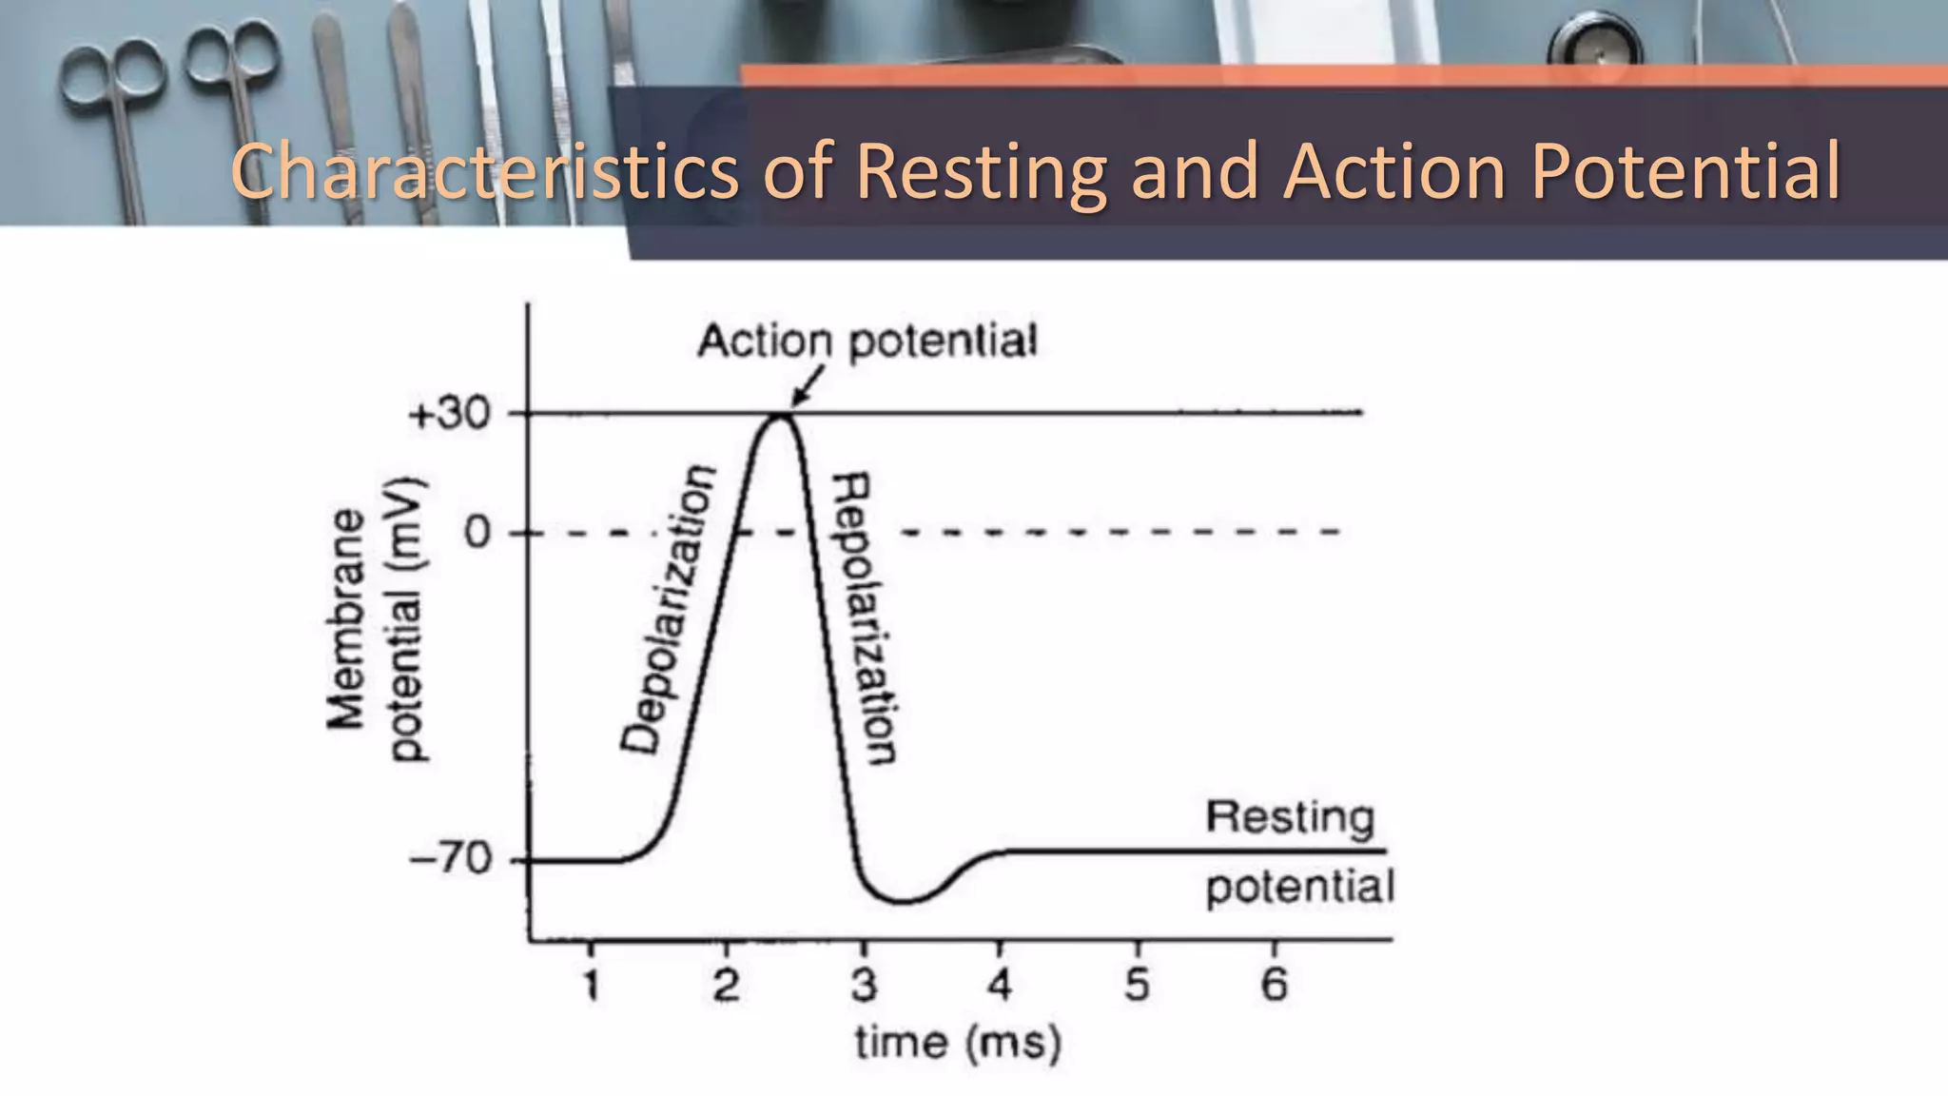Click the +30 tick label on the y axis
point(449,415)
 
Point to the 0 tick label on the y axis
point(477,533)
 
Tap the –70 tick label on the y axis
point(451,859)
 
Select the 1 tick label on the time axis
point(592,985)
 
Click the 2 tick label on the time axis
point(727,985)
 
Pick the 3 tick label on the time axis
point(864,985)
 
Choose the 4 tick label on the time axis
point(1000,985)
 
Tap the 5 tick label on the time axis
point(1138,985)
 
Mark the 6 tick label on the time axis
point(1275,985)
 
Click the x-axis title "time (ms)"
point(958,1043)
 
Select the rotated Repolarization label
point(864,618)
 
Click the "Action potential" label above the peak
point(867,342)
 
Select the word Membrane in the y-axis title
point(346,619)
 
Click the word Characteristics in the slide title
point(485,172)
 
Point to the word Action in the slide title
point(1393,172)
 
